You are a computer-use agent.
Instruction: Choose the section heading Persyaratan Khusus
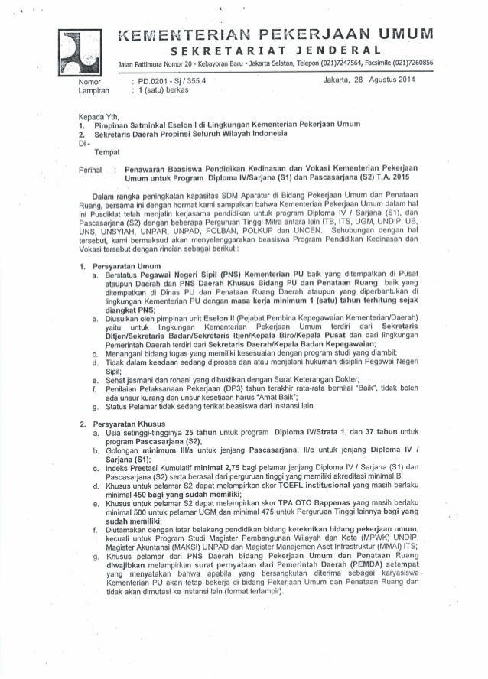tap(132, 421)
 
